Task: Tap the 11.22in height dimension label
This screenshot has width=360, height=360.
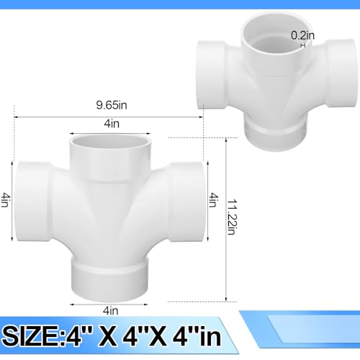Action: click(x=230, y=215)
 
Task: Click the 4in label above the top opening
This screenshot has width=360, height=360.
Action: click(x=111, y=125)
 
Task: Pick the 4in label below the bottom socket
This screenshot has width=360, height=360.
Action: click(x=111, y=310)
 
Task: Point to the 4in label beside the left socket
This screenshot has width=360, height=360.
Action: click(x=6, y=201)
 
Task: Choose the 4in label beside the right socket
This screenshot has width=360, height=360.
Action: click(x=212, y=200)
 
